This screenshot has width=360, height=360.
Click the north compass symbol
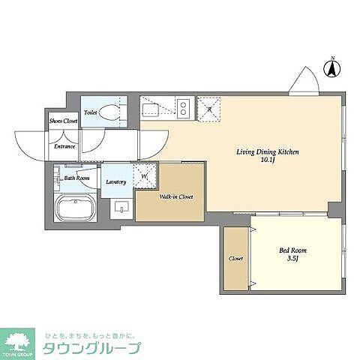point(329,70)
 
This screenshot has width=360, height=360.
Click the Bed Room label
point(293,250)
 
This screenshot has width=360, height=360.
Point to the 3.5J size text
point(293,259)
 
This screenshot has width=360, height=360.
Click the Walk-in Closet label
point(176,197)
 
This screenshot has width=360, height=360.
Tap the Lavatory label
point(115,182)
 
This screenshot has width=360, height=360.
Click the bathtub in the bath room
point(74,205)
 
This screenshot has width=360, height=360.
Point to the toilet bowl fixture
point(109,113)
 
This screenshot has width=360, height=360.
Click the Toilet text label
point(91,113)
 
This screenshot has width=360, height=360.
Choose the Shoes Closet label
point(63,120)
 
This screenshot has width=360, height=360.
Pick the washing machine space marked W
point(144,177)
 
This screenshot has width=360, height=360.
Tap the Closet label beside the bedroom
point(235,258)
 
